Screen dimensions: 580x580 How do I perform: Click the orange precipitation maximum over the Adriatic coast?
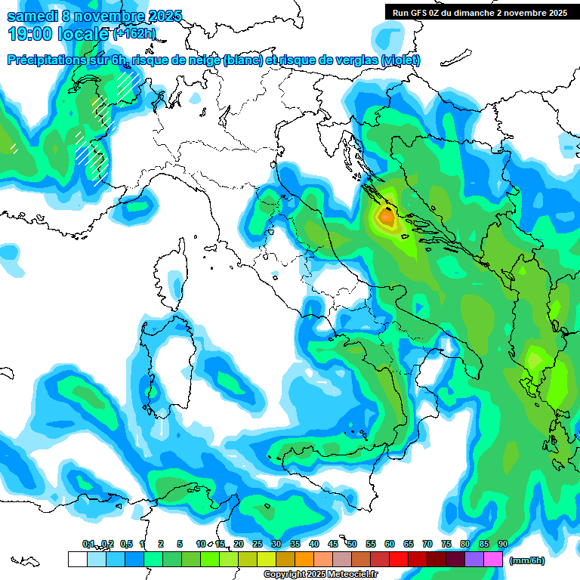(x=386, y=217)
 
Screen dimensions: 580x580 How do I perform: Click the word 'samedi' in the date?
(x=32, y=15)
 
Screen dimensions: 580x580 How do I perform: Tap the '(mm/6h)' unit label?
(x=526, y=560)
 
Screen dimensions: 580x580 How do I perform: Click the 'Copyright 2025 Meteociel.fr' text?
(x=321, y=575)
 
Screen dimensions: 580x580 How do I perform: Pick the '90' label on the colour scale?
(x=502, y=545)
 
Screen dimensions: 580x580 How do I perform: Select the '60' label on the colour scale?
(x=389, y=545)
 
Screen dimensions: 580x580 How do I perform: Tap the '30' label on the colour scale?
(x=276, y=545)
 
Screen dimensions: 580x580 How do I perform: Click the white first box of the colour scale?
(x=77, y=559)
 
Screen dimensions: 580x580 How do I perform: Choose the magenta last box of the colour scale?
(x=493, y=559)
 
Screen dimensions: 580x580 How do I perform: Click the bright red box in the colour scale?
(x=399, y=559)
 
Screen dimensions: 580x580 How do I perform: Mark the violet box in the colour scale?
(x=474, y=559)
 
